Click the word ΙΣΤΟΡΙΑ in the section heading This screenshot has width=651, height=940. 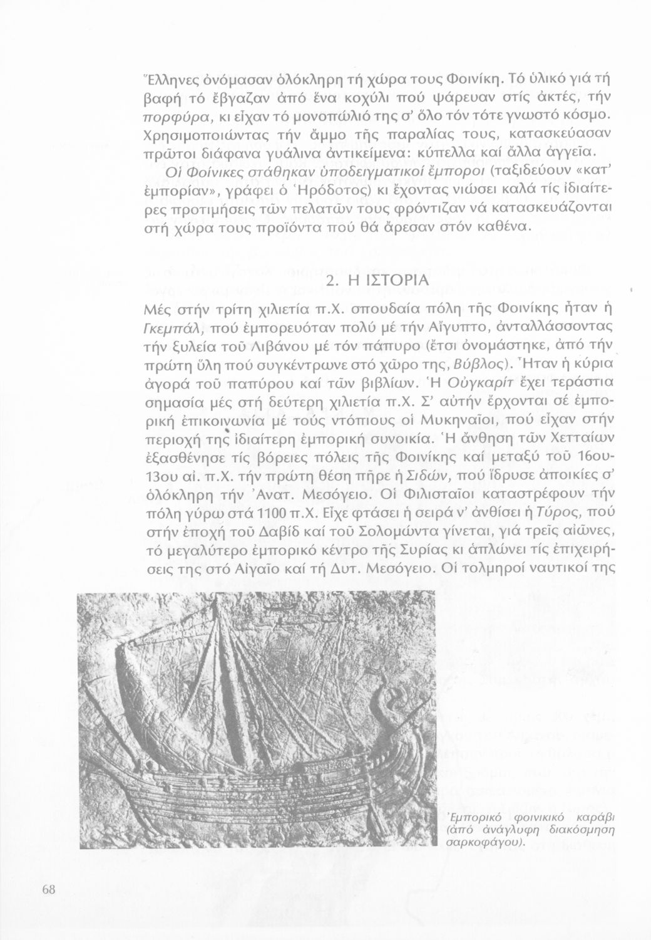[389, 281]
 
